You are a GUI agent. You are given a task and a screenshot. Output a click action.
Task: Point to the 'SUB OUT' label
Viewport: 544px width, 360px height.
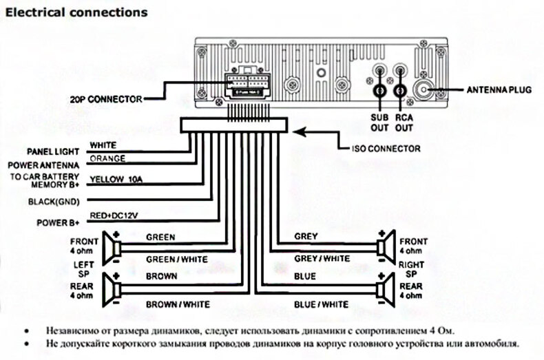click(380, 123)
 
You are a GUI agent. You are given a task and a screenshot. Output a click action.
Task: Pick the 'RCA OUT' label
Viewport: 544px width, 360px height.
click(404, 123)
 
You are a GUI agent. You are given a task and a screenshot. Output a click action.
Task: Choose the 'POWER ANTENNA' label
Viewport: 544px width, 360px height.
click(43, 165)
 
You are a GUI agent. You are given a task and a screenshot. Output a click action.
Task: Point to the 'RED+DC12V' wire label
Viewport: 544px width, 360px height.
click(114, 216)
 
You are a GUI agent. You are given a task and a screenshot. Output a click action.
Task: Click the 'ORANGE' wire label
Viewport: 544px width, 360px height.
click(107, 158)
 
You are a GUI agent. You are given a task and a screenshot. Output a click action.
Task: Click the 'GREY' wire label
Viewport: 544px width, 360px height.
click(306, 236)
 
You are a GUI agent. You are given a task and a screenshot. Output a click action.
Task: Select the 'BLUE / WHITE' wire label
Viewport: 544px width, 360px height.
click(321, 304)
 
